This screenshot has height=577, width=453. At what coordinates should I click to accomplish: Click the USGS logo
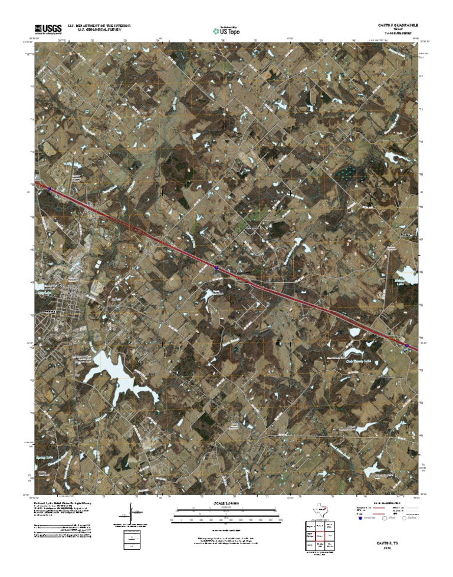click(x=48, y=28)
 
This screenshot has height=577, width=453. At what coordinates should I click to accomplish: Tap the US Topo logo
click(x=226, y=29)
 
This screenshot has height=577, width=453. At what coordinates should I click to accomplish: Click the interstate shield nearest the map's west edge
click(x=50, y=190)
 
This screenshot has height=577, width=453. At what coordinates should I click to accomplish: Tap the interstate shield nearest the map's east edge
click(x=407, y=345)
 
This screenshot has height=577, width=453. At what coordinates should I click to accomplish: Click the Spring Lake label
click(x=46, y=457)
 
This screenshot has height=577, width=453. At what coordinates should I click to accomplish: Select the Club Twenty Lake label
click(x=356, y=361)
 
